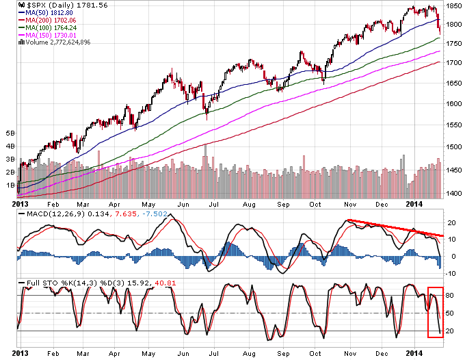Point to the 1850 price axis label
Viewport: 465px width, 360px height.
[x=452, y=5]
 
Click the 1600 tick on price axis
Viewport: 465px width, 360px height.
[x=452, y=104]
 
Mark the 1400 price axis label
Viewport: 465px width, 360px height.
[x=452, y=194]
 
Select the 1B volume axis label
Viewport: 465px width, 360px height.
[x=10, y=185]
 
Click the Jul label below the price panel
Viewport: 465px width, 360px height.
[x=214, y=204]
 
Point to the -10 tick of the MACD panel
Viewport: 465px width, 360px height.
[x=451, y=272]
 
